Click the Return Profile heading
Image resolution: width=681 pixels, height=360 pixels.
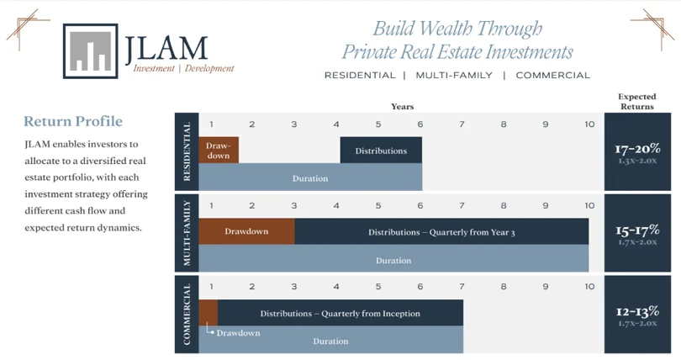point(72,122)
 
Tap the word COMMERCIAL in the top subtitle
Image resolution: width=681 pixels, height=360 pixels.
point(552,75)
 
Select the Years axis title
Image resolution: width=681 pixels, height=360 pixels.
point(402,107)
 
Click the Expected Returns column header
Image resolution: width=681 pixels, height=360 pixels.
point(636,102)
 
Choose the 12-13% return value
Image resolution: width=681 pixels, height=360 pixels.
point(636,310)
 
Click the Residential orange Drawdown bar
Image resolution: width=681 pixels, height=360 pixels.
point(219,151)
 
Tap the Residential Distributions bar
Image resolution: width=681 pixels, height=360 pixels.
point(381,151)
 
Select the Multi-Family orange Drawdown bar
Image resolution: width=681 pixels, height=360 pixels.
point(247,231)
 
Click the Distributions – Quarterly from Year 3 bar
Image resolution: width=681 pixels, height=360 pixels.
point(441,231)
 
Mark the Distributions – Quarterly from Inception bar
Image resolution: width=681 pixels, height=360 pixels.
point(340,313)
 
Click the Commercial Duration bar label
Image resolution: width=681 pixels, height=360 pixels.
point(330,341)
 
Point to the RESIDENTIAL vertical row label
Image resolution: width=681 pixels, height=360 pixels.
point(187,151)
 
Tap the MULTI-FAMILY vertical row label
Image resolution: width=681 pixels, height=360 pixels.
point(187,233)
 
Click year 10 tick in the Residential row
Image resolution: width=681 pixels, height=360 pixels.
point(589,124)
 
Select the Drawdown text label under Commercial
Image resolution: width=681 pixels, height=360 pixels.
point(238,333)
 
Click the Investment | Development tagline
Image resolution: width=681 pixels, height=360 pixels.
point(183,69)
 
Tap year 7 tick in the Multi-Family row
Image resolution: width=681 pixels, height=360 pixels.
point(462,205)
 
